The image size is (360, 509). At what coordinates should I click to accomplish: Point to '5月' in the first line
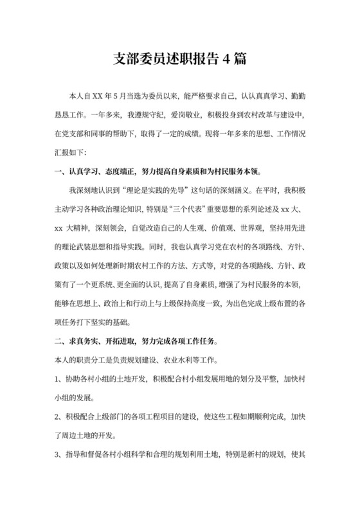tap(118, 99)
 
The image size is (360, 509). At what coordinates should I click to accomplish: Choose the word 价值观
tap(237, 228)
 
